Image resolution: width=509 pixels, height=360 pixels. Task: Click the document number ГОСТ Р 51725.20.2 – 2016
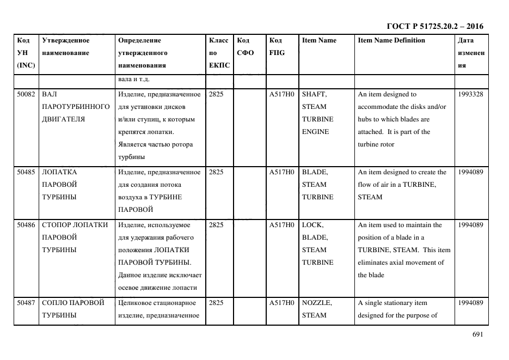434,26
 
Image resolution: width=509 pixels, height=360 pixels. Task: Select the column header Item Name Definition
391,40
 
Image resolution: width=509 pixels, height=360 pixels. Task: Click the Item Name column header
319,40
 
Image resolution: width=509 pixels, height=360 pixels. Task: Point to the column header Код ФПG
277,47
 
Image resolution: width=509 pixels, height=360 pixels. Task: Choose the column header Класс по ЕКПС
219,53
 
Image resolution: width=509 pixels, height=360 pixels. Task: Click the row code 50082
26,94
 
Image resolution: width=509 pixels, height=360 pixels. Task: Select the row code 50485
26,172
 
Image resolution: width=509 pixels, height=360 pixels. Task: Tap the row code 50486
26,225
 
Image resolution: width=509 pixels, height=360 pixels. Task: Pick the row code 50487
26,303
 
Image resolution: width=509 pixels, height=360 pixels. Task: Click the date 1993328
471,94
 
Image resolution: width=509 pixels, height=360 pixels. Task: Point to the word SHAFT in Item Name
314,94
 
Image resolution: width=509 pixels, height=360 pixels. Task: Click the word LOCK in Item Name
312,225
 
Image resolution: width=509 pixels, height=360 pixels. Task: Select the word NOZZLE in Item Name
317,303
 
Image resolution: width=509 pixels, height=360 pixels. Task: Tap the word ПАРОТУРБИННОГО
76,107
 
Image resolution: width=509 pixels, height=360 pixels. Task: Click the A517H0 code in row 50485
281,172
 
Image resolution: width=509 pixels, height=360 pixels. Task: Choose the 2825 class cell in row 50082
216,94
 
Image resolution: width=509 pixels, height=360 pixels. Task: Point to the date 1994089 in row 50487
471,303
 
